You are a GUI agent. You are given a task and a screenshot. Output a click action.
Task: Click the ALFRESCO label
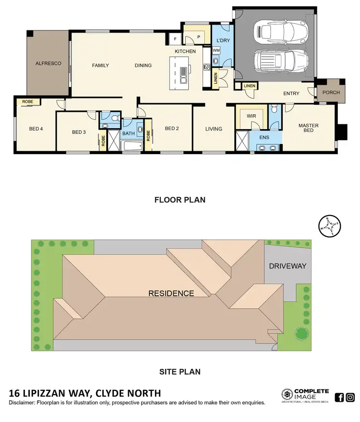48,63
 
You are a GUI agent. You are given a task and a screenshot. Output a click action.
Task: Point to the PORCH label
331,93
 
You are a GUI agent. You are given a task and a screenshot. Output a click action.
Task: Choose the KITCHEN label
185,51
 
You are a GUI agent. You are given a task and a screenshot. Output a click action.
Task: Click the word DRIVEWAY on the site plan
288,266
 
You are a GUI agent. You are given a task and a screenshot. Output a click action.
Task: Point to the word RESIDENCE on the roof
171,293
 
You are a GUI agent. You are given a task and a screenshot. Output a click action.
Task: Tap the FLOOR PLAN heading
180,200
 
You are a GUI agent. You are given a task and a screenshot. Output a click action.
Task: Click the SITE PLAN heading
180,371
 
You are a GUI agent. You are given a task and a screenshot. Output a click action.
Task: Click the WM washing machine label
216,50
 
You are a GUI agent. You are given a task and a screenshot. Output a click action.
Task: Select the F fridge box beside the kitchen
175,38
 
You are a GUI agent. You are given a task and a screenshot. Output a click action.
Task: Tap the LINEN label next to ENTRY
249,86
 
